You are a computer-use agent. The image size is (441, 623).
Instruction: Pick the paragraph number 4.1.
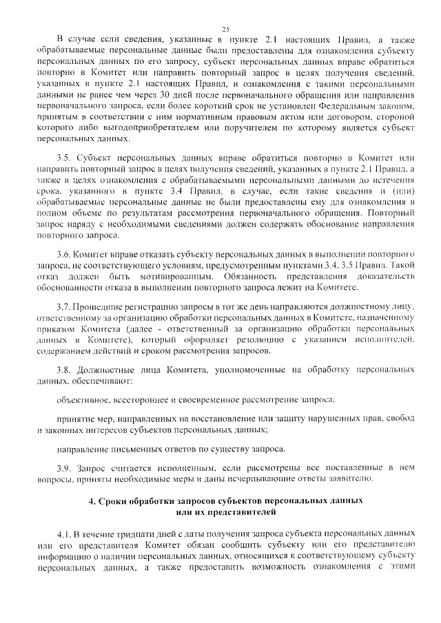click(x=65, y=535)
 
